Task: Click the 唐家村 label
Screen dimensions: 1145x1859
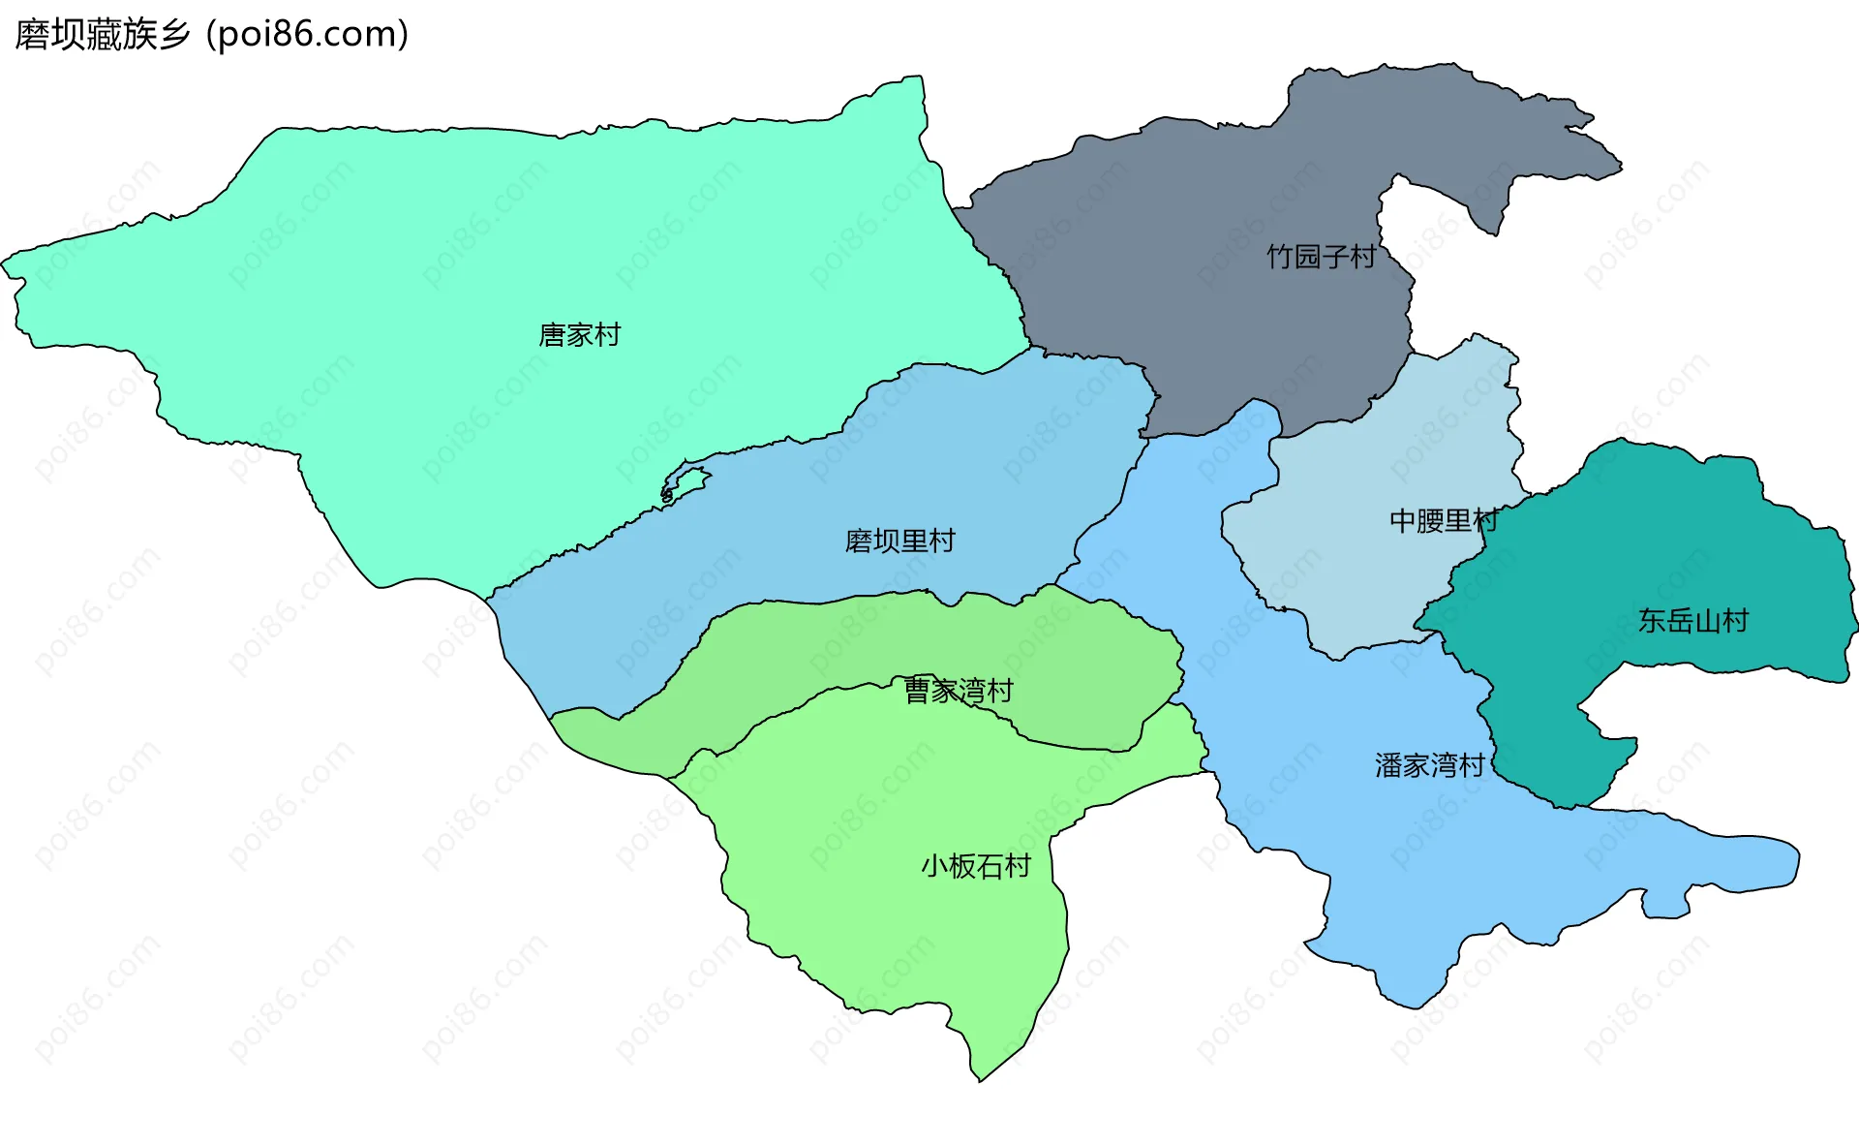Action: (579, 335)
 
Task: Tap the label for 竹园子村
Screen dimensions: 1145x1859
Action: (1321, 257)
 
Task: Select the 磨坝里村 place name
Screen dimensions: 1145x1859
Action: (899, 541)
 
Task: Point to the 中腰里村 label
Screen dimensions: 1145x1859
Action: (1444, 521)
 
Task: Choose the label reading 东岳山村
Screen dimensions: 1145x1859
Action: (1692, 621)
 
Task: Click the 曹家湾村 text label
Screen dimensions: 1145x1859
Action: (958, 691)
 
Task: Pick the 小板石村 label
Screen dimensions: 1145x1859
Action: (976, 866)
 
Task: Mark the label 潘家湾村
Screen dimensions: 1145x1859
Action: (1429, 766)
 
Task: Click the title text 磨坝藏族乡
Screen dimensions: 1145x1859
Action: (103, 35)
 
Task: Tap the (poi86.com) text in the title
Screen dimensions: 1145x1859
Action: (308, 35)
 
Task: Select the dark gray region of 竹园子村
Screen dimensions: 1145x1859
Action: (1210, 320)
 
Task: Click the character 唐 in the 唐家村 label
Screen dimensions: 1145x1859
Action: (552, 335)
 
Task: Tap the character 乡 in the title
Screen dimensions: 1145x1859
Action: (174, 35)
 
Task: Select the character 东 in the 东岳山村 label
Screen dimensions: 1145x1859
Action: (1652, 621)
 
